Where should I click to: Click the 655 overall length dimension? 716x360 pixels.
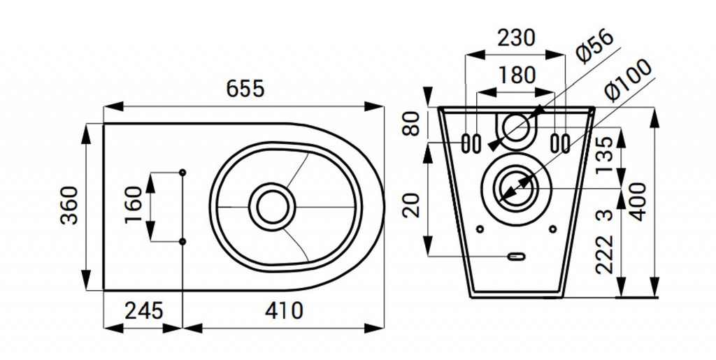pos(245,88)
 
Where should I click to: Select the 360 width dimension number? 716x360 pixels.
pos(70,206)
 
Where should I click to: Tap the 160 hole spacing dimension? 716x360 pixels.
pos(134,206)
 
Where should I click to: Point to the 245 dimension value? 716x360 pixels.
pos(144,311)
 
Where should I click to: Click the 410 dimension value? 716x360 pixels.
pos(284,311)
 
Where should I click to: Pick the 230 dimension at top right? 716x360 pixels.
pos(516,38)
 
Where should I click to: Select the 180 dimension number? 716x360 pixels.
pos(517,75)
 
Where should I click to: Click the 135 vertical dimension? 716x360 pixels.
pos(606,155)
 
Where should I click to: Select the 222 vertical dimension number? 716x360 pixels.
pos(606,254)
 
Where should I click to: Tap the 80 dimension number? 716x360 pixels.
pos(413,124)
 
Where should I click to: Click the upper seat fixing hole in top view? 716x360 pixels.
pos(182,172)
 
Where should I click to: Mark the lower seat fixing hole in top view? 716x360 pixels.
pos(182,241)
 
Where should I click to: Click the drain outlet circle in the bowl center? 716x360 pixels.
pos(272,207)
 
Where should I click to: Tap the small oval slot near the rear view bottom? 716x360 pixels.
pos(516,257)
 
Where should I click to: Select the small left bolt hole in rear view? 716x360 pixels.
pos(480,229)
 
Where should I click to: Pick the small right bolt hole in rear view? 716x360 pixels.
pos(553,229)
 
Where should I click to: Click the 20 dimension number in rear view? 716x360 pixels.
pos(413,205)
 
